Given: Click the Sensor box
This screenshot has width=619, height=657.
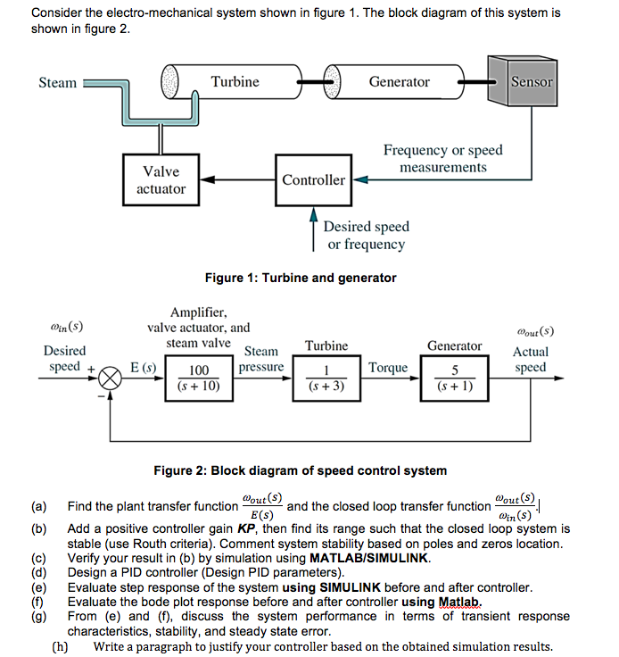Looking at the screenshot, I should [x=532, y=81].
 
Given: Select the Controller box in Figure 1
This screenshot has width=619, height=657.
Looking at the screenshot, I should [x=313, y=179].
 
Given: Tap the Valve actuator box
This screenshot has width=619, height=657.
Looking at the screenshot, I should [x=161, y=179].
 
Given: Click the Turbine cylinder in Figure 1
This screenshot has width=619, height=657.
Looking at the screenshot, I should [x=235, y=82].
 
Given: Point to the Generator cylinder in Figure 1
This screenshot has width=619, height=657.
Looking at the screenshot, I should [x=399, y=82].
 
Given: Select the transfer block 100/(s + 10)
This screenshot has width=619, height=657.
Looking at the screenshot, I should [x=199, y=378].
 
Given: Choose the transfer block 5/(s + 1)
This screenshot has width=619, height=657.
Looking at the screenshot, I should [x=455, y=378].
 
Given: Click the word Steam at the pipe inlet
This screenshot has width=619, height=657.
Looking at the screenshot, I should [x=58, y=83].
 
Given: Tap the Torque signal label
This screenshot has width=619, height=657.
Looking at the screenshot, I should [x=388, y=367].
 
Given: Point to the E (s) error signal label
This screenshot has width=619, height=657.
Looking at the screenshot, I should [x=144, y=367].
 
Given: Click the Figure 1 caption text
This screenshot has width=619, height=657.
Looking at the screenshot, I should [x=301, y=278].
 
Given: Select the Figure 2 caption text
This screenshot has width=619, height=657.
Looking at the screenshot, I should [x=301, y=470].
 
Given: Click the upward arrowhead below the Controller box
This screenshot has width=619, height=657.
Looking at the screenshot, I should [x=313, y=214].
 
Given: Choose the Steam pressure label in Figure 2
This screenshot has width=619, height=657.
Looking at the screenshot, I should [x=261, y=359].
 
